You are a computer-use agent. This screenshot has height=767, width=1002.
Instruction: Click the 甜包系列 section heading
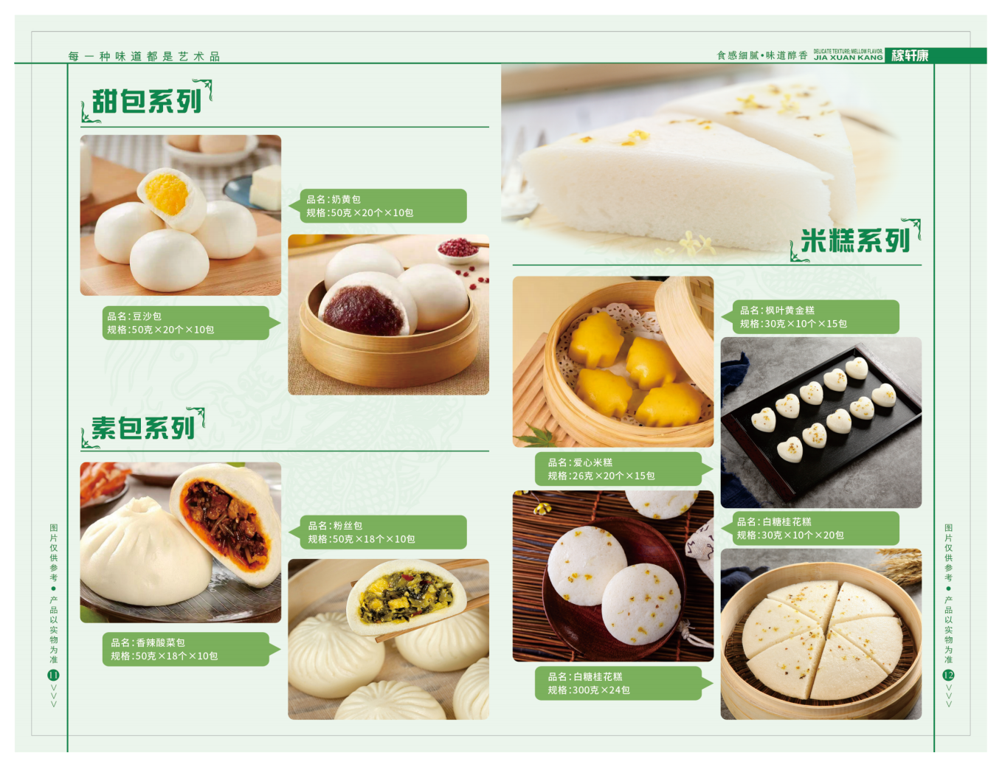(x=147, y=102)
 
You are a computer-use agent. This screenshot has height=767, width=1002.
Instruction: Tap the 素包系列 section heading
(x=143, y=428)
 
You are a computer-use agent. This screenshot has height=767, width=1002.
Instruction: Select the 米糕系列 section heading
(x=855, y=240)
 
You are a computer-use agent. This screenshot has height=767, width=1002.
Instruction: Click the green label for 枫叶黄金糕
(x=815, y=317)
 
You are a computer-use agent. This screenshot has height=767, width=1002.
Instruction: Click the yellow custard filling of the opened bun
(x=166, y=192)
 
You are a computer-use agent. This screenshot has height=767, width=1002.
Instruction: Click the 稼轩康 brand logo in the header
(x=910, y=55)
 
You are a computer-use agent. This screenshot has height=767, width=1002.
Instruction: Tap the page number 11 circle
(x=53, y=675)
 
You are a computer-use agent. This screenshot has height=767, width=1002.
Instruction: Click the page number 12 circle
(x=948, y=675)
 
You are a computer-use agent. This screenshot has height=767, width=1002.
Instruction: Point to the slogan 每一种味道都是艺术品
(x=144, y=56)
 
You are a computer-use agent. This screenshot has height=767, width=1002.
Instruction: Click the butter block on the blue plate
(x=266, y=186)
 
